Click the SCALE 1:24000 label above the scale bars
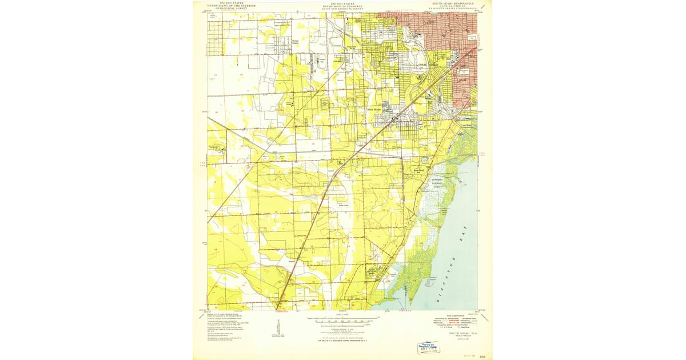point(343,315)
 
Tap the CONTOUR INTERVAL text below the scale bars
point(343,330)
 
